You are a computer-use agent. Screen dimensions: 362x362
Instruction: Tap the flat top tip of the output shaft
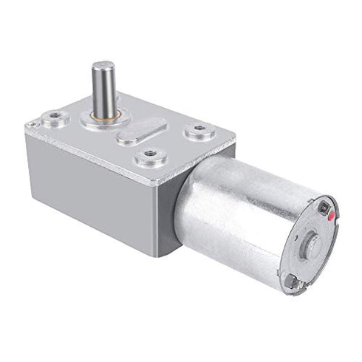(x=103, y=65)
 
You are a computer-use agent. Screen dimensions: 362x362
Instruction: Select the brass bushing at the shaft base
(x=104, y=115)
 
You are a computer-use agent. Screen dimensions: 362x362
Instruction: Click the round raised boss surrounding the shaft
(x=104, y=120)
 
